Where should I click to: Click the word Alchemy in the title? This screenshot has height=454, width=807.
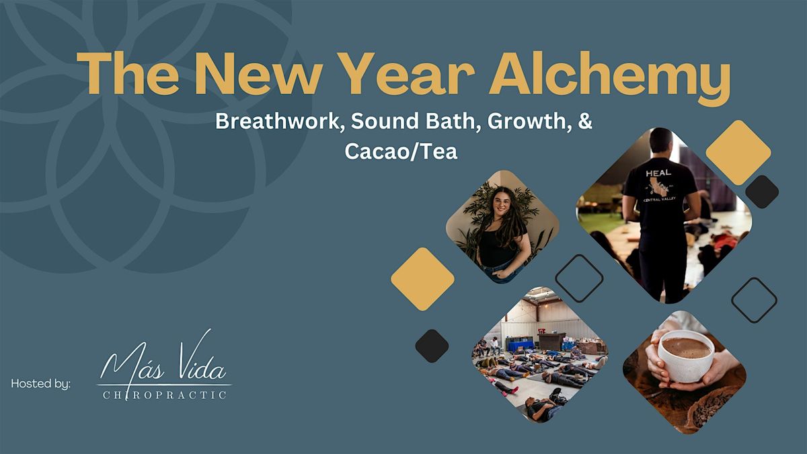tap(609, 77)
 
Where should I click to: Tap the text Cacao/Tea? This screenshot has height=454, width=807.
tap(401, 151)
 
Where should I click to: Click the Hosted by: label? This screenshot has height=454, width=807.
tap(41, 384)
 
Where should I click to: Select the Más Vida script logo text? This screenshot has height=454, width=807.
tap(164, 362)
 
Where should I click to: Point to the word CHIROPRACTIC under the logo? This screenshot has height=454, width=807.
tap(165, 395)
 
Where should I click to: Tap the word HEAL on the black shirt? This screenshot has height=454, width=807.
tap(658, 173)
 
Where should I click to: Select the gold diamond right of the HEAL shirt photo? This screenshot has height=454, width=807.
tap(738, 153)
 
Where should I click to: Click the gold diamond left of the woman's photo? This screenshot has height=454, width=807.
tap(422, 279)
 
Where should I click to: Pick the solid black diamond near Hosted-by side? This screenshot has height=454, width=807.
tap(432, 346)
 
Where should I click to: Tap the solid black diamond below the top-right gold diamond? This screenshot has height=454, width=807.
tap(762, 192)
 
